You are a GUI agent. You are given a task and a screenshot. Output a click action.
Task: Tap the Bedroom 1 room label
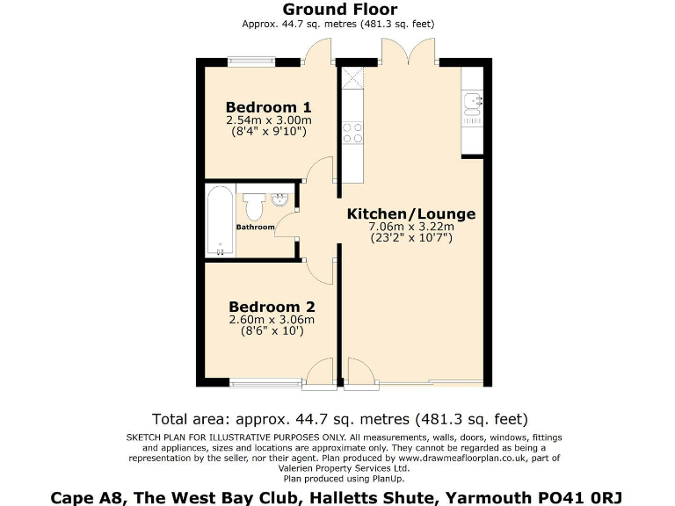click(269, 107)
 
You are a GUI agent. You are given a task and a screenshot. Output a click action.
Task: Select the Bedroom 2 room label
click(272, 307)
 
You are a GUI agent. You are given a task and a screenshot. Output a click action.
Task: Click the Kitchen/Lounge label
click(411, 213)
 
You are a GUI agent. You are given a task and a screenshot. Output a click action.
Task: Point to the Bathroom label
click(255, 228)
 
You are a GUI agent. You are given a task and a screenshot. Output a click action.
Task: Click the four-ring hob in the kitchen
click(352, 133)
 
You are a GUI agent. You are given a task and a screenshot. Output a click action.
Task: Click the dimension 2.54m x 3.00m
click(269, 120)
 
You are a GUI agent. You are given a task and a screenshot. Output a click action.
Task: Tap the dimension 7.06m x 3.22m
click(411, 227)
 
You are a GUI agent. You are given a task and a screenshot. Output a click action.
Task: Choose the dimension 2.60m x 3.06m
click(272, 320)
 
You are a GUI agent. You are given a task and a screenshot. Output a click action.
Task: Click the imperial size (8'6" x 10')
click(272, 331)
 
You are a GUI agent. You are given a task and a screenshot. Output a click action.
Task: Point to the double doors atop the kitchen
click(409, 53)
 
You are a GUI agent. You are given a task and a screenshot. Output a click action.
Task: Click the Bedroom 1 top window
click(250, 61)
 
